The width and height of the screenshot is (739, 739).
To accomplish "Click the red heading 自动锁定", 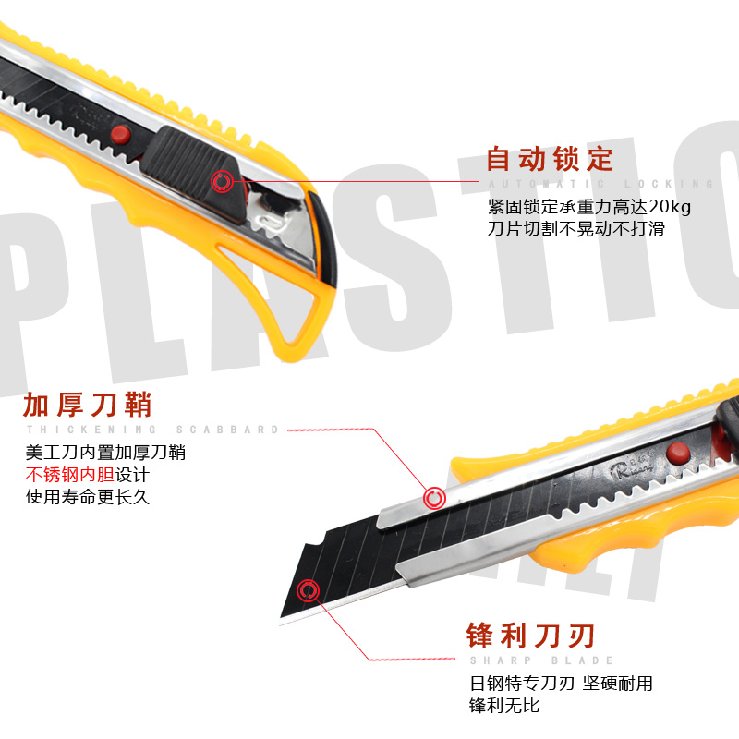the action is (x=550, y=159).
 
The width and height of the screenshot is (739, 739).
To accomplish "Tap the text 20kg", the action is (x=670, y=206).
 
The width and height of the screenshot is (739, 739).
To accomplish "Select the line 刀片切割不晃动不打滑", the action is (x=577, y=228).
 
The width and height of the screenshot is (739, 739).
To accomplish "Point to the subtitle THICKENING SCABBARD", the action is (x=152, y=430).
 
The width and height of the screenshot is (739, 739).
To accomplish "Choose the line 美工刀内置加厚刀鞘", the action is (x=105, y=453).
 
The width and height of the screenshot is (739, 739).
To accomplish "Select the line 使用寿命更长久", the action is (x=87, y=497).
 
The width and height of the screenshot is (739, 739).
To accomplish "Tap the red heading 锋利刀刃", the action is (x=530, y=636).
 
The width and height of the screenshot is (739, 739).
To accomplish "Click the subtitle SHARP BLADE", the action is (x=541, y=660).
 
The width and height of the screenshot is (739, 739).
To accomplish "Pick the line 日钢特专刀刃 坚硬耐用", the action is (x=562, y=684).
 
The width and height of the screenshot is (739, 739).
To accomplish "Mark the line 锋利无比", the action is (x=504, y=706).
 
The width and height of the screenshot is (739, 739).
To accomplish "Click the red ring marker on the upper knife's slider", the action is (x=222, y=181).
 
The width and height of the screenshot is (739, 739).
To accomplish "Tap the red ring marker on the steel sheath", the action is (x=434, y=499).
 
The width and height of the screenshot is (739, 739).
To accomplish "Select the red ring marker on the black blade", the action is (x=308, y=590).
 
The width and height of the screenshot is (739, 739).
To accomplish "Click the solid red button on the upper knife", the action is (x=118, y=135).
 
